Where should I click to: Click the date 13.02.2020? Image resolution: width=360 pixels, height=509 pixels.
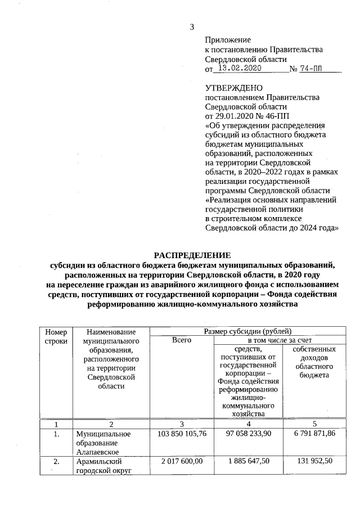(240, 69)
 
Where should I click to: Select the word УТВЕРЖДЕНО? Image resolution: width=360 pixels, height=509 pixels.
(234, 88)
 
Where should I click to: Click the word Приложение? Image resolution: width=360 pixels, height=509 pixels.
(228, 40)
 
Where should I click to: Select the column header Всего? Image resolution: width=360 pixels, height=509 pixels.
(182, 340)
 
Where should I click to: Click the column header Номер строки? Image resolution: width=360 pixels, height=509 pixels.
(56, 336)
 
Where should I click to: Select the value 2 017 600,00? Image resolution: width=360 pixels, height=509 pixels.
(182, 461)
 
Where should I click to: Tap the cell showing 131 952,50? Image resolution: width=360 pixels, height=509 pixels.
(315, 461)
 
